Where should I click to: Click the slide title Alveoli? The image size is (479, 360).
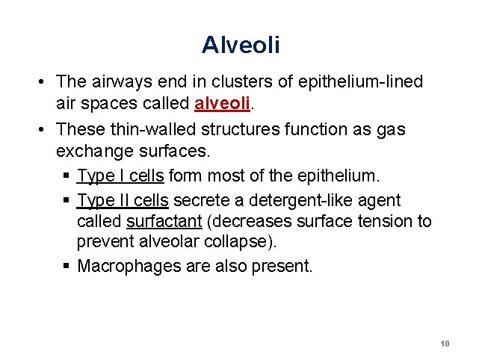pos(240,45)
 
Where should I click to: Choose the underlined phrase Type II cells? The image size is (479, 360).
pos(123,200)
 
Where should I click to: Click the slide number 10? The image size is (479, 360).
pos(445,344)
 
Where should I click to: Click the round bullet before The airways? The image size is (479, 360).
pos(46,81)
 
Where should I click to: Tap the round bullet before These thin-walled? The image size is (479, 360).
pos(46,129)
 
